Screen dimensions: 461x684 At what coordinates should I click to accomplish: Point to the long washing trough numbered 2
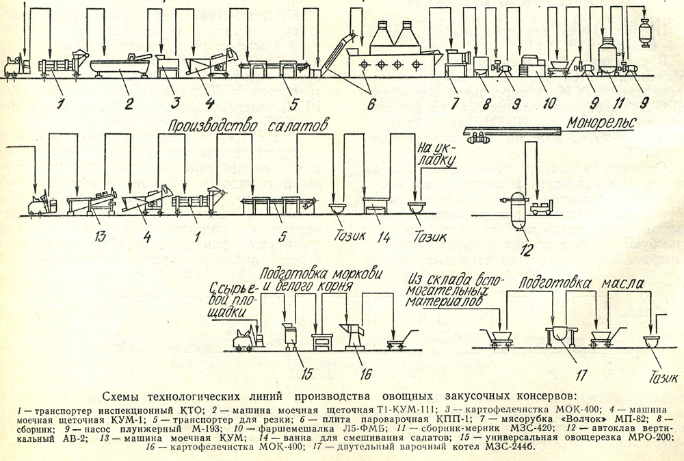(x=121, y=68)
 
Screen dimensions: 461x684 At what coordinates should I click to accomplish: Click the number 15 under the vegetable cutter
(x=307, y=373)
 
